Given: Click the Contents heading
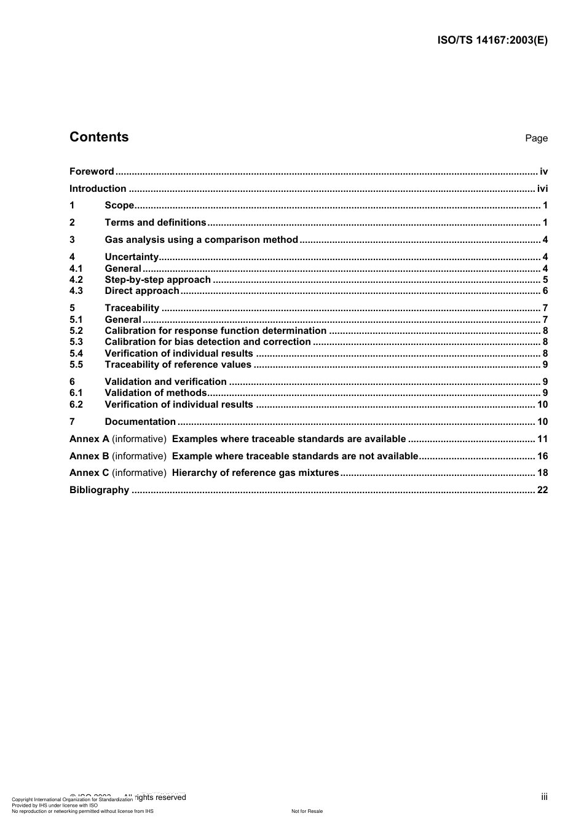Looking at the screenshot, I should click(x=99, y=137).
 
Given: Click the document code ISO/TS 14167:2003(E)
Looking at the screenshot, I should click(x=492, y=41).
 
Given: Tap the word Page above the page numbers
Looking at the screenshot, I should click(x=536, y=138).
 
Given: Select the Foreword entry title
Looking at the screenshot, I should click(x=92, y=172).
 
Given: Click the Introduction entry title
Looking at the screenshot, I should click(x=98, y=189).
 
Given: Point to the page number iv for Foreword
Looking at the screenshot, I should click(x=543, y=172).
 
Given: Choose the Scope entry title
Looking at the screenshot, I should click(x=119, y=205).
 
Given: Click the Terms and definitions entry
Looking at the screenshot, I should click(x=156, y=223).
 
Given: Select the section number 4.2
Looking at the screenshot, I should click(x=76, y=280).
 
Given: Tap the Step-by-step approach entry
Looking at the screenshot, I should click(x=157, y=280).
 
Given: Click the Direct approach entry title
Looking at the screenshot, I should click(x=142, y=291).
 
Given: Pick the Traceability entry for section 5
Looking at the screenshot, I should click(x=132, y=308).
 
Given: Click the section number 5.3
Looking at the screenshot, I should click(x=76, y=342).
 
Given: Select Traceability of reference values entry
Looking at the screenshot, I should click(x=178, y=365).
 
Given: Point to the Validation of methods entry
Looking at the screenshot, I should click(x=156, y=393).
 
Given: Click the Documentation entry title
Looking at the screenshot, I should click(x=140, y=422).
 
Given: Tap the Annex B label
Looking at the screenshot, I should click(x=89, y=456).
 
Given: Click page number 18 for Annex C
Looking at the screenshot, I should click(x=542, y=473).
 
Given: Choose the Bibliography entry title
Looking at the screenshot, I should click(x=100, y=490).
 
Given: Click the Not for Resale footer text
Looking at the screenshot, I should click(x=307, y=812).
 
